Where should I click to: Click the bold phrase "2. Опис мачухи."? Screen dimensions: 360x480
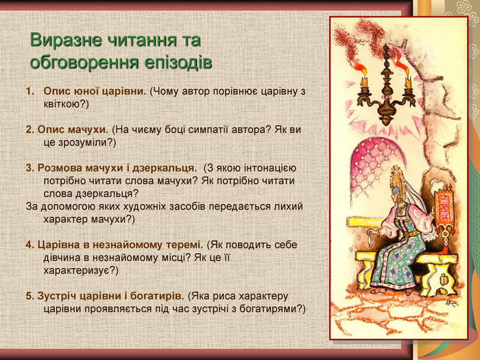click(x=67, y=130)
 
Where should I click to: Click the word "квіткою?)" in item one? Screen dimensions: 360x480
click(x=66, y=104)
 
